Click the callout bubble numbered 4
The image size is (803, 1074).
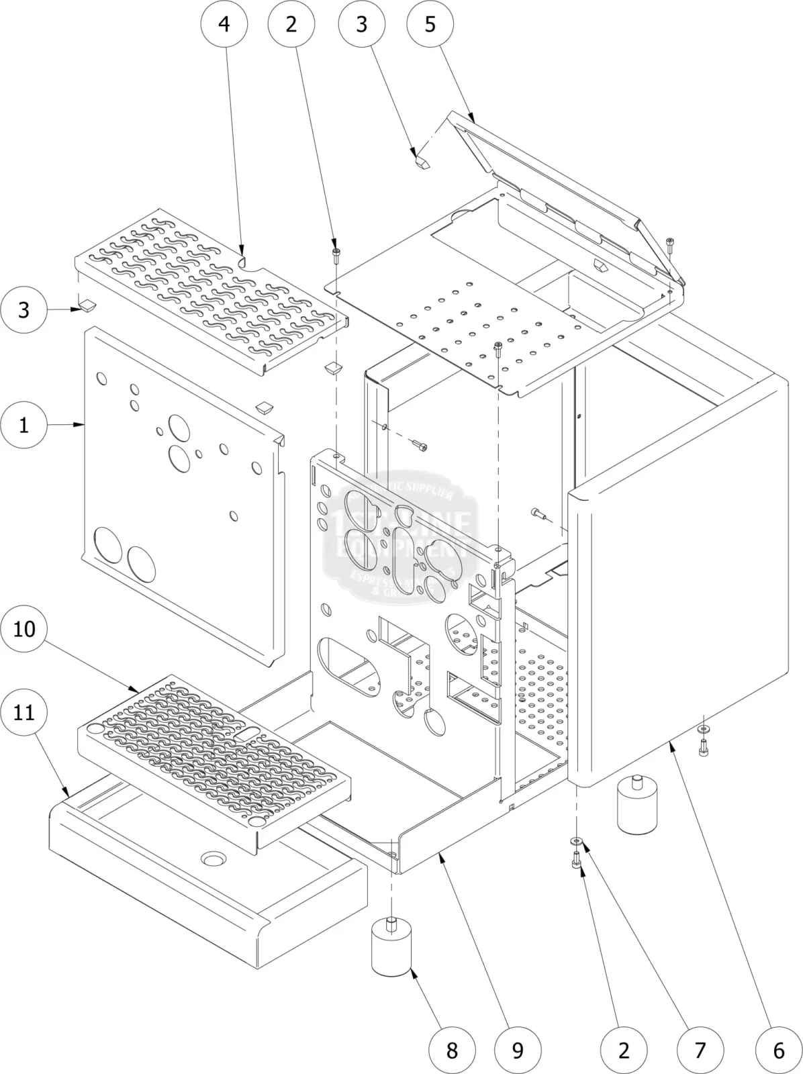pyautogui.click(x=224, y=24)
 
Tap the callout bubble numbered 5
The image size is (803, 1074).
pyautogui.click(x=430, y=24)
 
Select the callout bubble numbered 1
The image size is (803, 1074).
pyautogui.click(x=24, y=425)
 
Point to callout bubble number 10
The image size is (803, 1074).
pyautogui.click(x=24, y=629)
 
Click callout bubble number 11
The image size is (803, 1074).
pyautogui.click(x=24, y=712)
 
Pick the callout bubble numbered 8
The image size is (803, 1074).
pyautogui.click(x=452, y=1050)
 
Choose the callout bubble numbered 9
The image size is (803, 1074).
pyautogui.click(x=518, y=1050)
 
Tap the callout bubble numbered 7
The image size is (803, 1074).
pyautogui.click(x=700, y=1050)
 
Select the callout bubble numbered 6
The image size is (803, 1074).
pyautogui.click(x=778, y=1050)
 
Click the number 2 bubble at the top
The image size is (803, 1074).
pyautogui.click(x=291, y=24)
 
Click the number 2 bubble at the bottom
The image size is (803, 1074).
pyautogui.click(x=624, y=1050)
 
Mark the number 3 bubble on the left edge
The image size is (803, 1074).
pyautogui.click(x=24, y=310)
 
